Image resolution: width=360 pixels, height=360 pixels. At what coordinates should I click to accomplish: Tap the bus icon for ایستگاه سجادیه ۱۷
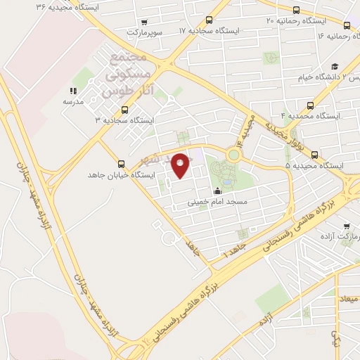point(208,20)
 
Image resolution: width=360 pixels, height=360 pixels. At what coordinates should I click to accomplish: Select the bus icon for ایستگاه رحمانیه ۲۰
point(296,10)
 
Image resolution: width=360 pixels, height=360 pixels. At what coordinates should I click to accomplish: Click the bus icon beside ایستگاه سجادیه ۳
point(124,109)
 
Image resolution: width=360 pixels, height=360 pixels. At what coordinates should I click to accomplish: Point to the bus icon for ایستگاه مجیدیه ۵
point(314,155)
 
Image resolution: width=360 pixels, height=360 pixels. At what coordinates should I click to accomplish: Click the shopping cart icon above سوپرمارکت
point(144,22)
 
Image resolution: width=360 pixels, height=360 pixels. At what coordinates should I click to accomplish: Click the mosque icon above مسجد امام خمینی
point(217,191)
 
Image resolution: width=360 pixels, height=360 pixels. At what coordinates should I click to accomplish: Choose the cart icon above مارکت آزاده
point(346,226)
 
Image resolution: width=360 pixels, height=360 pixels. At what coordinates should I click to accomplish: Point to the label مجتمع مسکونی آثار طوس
point(127,72)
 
